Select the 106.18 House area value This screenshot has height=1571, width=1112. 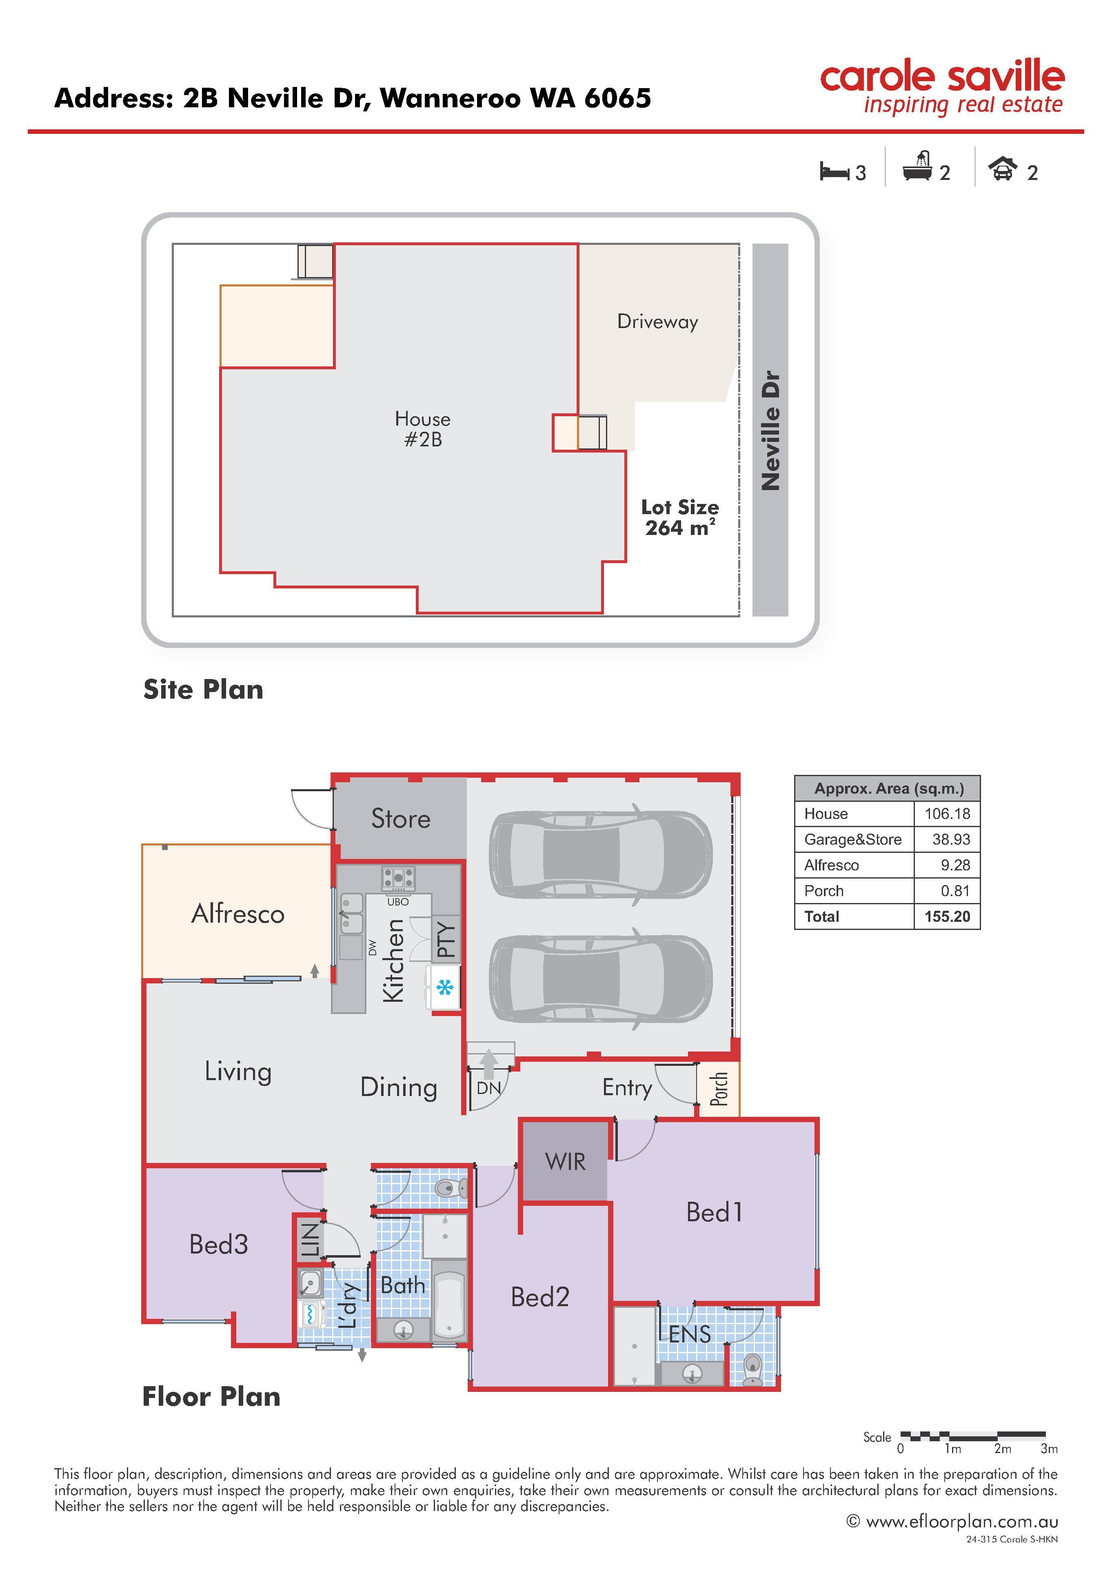(x=947, y=814)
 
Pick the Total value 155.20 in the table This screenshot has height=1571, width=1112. (x=947, y=916)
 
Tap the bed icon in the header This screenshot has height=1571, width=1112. (x=835, y=171)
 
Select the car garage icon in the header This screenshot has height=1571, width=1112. (x=1003, y=169)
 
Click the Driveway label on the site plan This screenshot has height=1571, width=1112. (x=657, y=322)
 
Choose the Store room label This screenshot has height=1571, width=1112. (x=401, y=819)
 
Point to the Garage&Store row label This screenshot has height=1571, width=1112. (x=852, y=840)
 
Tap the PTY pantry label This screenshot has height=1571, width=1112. (x=446, y=940)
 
